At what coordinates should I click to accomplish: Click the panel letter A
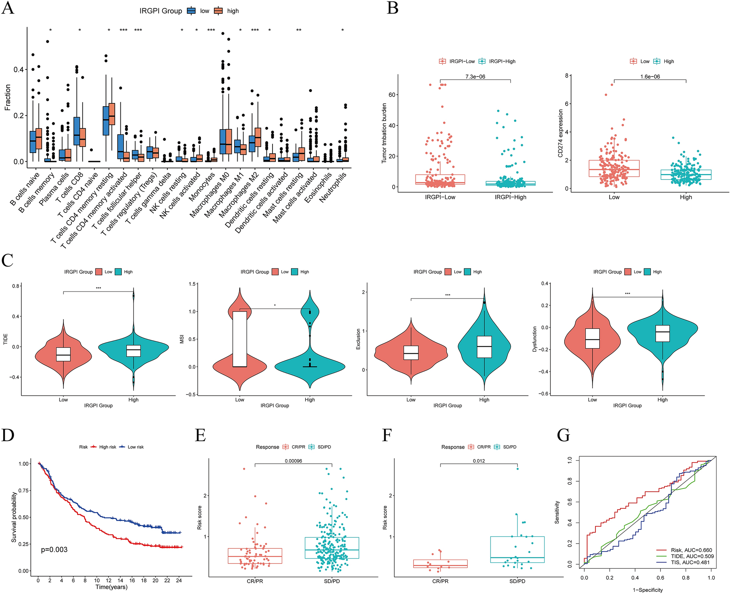(x=8, y=8)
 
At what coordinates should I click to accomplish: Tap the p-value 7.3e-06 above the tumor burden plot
(x=475, y=77)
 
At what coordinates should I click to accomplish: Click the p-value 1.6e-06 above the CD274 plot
(x=650, y=77)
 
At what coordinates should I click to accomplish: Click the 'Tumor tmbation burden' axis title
(x=384, y=133)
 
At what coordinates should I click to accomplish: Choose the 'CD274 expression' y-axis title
(x=560, y=133)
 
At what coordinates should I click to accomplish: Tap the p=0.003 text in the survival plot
(x=54, y=550)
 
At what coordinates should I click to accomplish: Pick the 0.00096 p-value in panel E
(x=293, y=461)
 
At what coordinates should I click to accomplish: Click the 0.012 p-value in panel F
(x=479, y=461)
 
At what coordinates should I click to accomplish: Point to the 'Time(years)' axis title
(x=111, y=587)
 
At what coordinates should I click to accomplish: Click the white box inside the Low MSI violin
(x=239, y=339)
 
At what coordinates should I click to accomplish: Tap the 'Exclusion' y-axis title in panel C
(x=358, y=339)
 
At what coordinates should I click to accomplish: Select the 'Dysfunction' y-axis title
(x=534, y=339)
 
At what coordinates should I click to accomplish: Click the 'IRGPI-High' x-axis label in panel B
(x=510, y=197)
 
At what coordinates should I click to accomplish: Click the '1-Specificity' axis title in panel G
(x=648, y=590)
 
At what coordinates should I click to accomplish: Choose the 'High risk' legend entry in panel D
(x=108, y=447)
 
